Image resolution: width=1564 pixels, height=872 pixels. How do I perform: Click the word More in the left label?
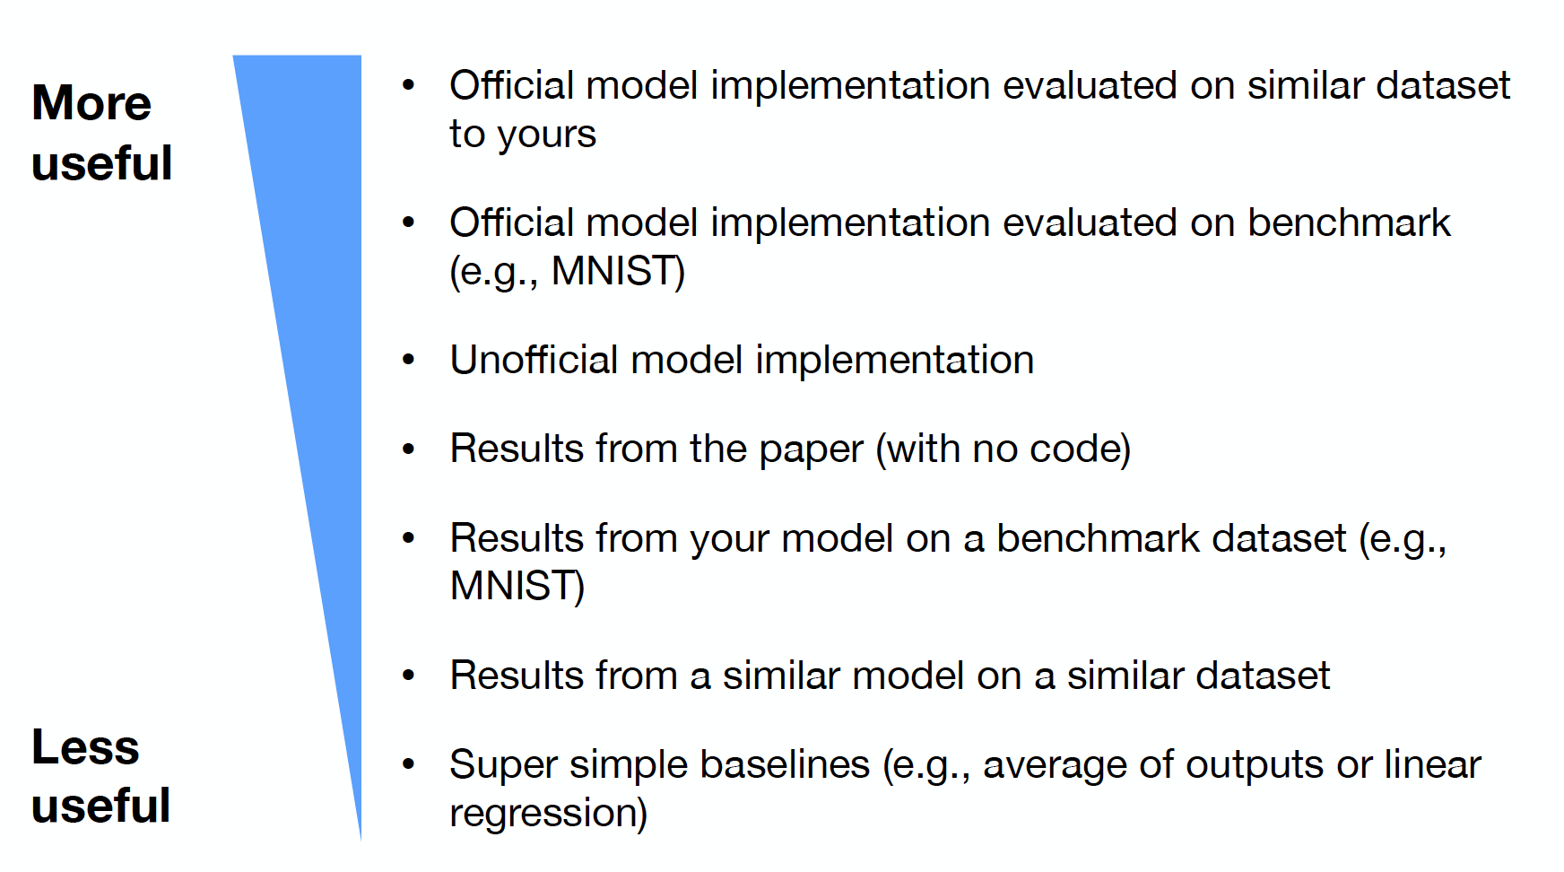point(91,102)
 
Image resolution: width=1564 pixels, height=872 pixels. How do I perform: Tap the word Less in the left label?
point(85,746)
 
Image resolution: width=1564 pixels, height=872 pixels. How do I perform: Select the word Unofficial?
point(534,360)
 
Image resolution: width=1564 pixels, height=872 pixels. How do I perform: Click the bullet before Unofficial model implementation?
point(409,361)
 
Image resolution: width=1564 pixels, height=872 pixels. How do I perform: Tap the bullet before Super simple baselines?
point(409,765)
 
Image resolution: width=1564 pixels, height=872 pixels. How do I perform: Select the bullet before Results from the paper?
point(409,449)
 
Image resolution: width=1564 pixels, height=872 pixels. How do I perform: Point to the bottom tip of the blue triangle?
point(361,841)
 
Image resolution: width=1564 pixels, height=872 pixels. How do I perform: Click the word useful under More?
point(101,162)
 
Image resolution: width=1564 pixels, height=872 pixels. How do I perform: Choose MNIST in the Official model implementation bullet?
point(612,271)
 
